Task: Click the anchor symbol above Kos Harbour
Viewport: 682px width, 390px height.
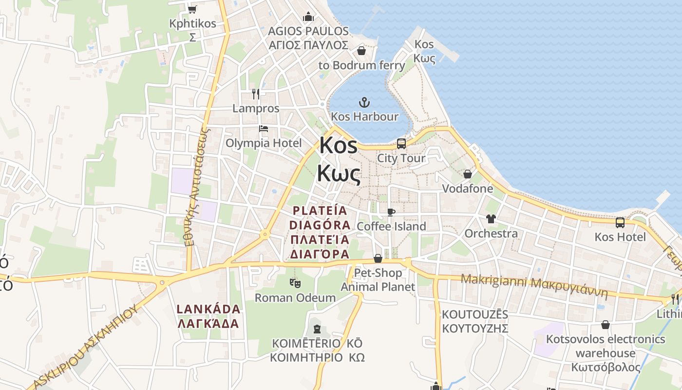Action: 364,102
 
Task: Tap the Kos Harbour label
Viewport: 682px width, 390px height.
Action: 364,117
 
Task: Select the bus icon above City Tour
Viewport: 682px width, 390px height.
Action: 401,144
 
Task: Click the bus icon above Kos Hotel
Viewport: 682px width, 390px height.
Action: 620,223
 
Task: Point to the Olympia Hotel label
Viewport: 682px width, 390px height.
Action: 264,143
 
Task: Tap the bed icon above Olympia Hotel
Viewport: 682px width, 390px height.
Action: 264,129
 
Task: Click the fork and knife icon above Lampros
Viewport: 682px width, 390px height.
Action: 256,94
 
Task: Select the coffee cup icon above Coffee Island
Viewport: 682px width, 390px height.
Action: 391,212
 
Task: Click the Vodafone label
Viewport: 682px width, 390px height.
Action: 467,189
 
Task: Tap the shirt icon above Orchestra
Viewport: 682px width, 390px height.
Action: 491,219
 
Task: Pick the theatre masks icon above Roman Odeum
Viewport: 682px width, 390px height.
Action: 295,283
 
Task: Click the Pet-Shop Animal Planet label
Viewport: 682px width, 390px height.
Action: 378,280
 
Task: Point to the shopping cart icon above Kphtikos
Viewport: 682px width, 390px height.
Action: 192,9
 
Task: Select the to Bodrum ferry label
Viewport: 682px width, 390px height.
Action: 361,65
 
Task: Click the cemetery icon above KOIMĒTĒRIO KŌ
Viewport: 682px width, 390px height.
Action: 318,329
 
